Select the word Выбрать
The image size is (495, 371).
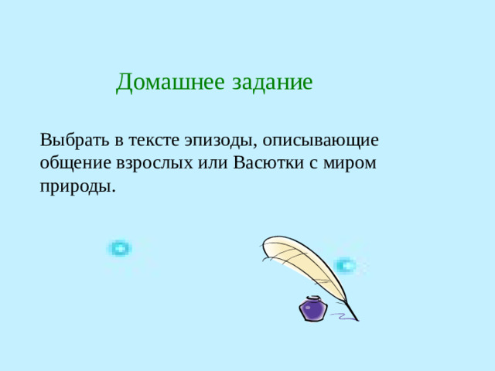pos(70,141)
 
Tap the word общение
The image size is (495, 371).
pos(73,165)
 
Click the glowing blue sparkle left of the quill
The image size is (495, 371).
pos(119,249)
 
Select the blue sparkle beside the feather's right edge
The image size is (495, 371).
pos(345,265)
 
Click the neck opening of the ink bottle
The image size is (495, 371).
pos(313,298)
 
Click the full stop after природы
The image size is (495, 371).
pos(114,191)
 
